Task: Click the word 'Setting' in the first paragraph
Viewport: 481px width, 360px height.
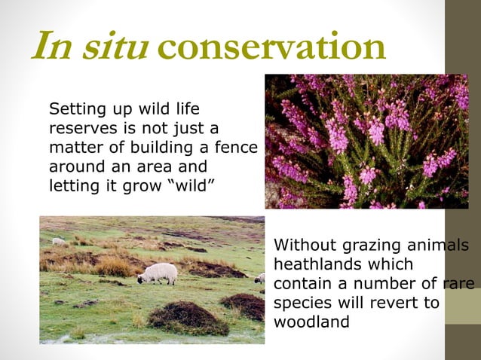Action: click(74, 110)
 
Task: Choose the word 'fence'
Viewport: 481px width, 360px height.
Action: click(237, 147)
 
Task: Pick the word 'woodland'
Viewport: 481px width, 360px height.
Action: click(311, 322)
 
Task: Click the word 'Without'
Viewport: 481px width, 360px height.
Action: click(300, 246)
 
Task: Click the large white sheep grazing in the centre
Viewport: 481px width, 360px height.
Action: click(158, 273)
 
